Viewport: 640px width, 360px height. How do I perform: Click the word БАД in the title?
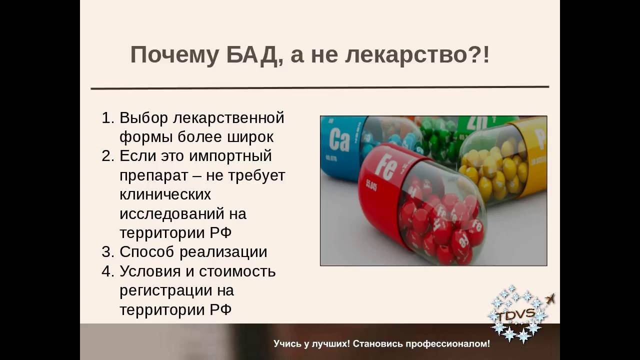tap(251, 55)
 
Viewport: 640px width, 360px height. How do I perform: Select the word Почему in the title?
tap(175, 55)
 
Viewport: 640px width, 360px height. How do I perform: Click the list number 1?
tap(107, 117)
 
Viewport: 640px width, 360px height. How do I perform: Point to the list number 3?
tap(107, 252)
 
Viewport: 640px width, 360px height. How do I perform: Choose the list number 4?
tap(107, 271)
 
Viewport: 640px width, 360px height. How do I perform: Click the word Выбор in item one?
tap(143, 117)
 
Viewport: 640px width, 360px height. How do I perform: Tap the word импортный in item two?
tap(230, 156)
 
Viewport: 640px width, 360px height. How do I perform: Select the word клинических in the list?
tap(165, 194)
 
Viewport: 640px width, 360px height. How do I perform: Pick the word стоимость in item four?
tap(237, 271)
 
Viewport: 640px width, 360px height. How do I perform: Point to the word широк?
tap(250, 137)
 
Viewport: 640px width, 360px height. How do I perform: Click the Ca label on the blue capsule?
tap(339, 140)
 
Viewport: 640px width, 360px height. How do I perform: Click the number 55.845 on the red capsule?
tap(371, 185)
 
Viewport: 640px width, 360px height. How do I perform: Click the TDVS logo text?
tap(516, 314)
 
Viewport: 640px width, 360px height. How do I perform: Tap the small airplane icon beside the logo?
tap(550, 299)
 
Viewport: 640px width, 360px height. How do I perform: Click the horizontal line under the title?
tap(320, 87)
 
